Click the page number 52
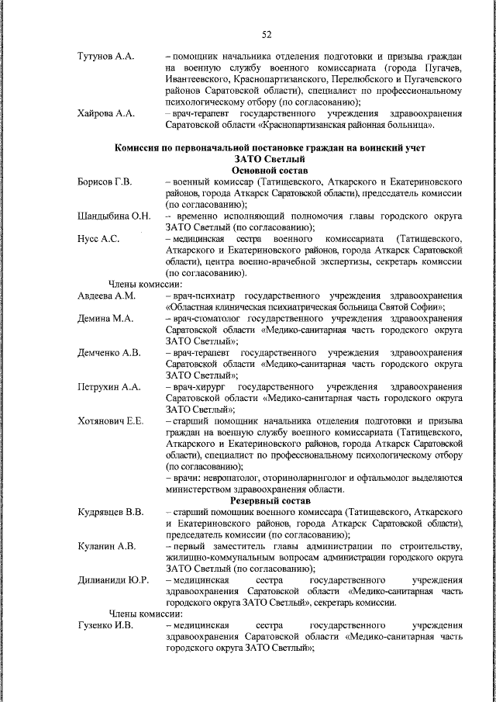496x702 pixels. [266, 34]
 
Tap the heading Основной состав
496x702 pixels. [269, 170]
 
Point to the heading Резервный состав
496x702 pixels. [269, 501]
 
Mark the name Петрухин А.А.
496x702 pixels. [109, 386]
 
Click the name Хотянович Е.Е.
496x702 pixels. [112, 420]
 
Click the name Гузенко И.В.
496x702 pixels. [106, 625]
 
